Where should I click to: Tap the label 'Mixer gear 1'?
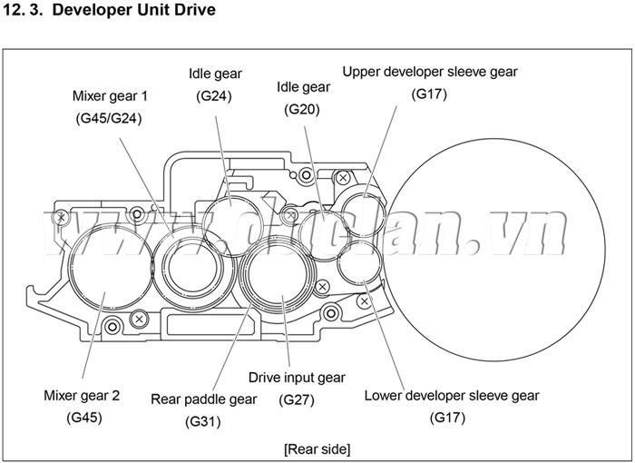(110, 95)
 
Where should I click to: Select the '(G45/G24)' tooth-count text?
(110, 118)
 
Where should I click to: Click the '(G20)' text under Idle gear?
(301, 110)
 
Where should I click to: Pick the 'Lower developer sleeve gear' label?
(451, 396)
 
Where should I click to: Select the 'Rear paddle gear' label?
(203, 399)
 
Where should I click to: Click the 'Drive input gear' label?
(297, 377)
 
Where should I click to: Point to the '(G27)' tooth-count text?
(297, 399)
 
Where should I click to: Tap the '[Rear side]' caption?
(317, 448)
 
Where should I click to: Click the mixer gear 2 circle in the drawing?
(106, 269)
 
